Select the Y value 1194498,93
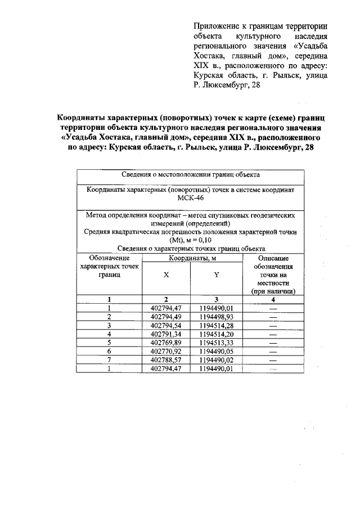(216, 317)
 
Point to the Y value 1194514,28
(216, 325)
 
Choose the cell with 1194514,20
(216, 334)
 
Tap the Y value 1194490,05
(216, 351)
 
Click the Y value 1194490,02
(216, 359)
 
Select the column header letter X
(166, 276)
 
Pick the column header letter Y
(217, 276)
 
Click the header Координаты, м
(191, 258)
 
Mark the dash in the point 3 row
(273, 325)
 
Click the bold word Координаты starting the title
(84, 119)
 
